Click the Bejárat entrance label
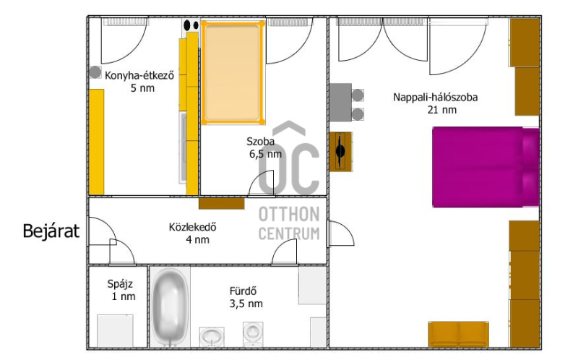coord(51,231)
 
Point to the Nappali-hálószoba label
coord(436,98)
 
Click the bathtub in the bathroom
coord(170,307)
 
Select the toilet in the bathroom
coord(253,334)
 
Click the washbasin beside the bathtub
coord(212,337)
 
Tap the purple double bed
coord(486,167)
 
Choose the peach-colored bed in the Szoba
coord(233,73)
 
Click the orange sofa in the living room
coord(459,334)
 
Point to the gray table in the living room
coord(340,103)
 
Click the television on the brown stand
coord(340,151)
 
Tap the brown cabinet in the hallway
coord(222,204)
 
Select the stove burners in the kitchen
coord(191,25)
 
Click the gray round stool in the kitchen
coord(95,72)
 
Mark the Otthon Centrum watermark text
coord(289,223)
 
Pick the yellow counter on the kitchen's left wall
coord(97,142)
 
